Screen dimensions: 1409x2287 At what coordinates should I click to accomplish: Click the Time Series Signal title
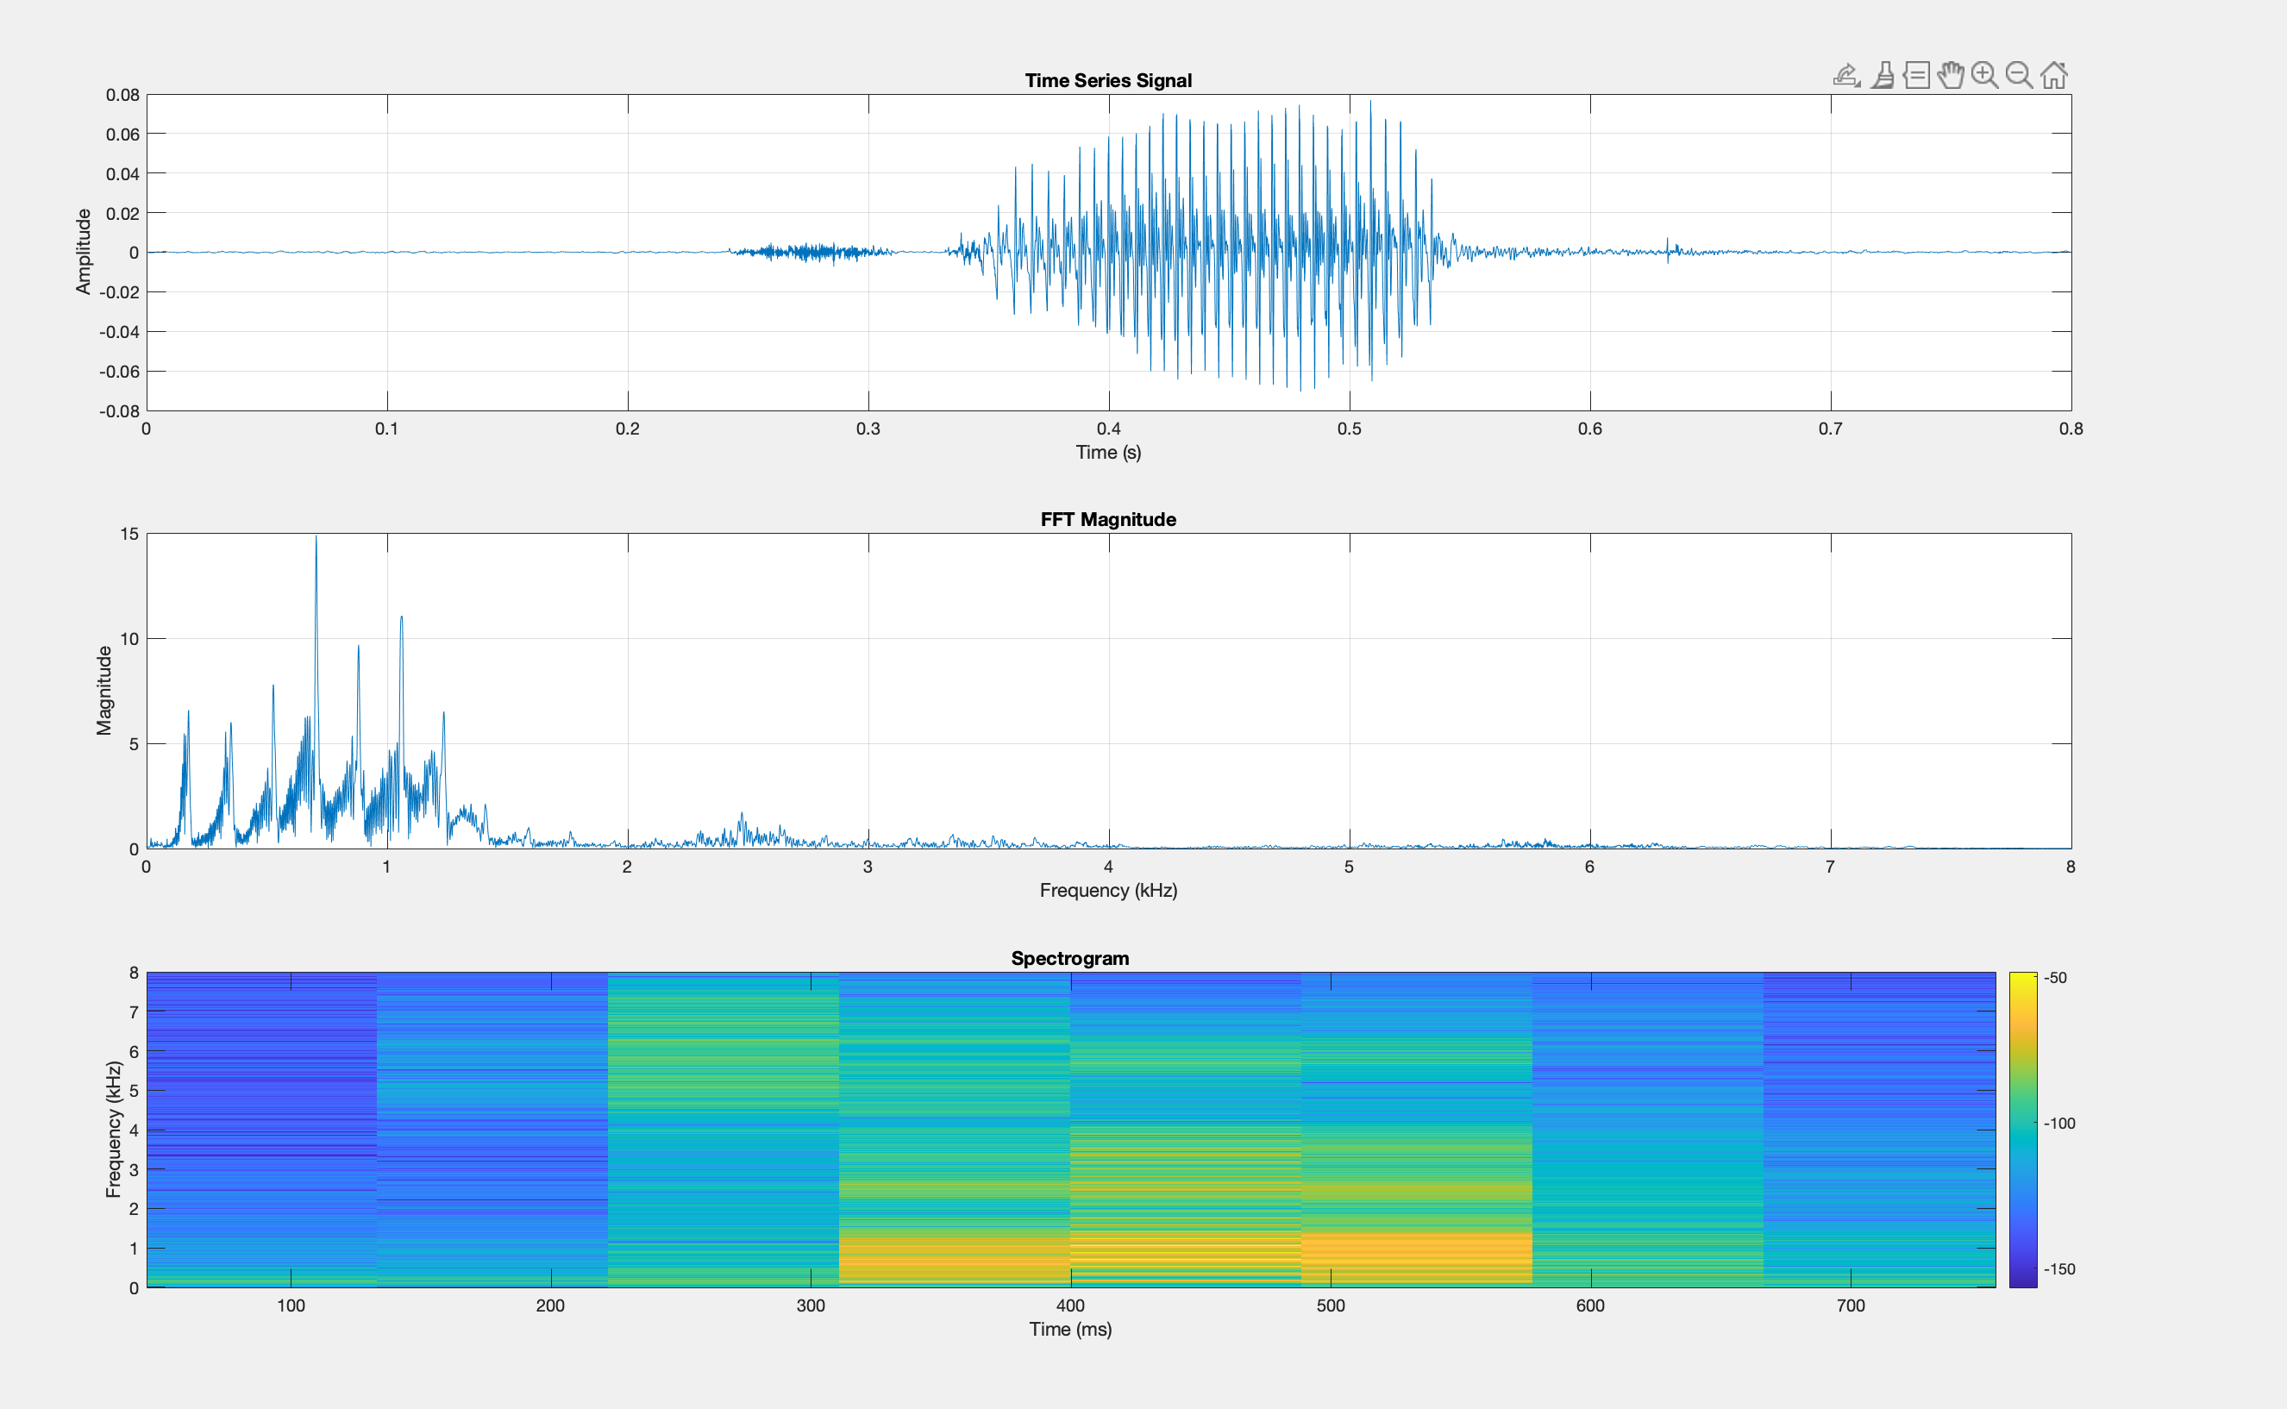1108,80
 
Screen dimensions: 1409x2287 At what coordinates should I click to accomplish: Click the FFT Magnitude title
1108,519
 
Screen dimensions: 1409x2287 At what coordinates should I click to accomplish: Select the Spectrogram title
1070,958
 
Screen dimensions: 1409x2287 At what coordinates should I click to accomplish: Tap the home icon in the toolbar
2054,74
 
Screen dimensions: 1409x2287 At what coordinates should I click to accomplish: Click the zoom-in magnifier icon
1984,74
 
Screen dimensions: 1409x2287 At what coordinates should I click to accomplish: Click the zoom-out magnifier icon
2019,74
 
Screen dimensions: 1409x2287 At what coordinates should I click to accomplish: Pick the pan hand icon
1950,74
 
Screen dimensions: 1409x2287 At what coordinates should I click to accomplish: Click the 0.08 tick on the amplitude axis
122,95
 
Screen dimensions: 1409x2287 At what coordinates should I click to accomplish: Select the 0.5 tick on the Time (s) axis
1349,429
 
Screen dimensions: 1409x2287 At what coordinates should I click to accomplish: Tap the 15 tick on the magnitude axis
128,534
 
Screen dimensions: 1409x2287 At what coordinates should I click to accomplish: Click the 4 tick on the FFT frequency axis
1108,867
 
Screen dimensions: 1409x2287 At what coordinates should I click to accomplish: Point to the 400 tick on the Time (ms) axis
1070,1306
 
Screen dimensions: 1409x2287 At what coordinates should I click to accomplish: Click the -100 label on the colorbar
2059,1124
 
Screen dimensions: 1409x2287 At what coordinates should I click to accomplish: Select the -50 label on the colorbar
2056,979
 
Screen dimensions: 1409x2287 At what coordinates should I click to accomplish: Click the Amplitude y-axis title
84,252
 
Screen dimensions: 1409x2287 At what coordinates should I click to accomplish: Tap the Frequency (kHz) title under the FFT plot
1108,890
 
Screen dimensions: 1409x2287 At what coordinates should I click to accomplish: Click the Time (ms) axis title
1070,1329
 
